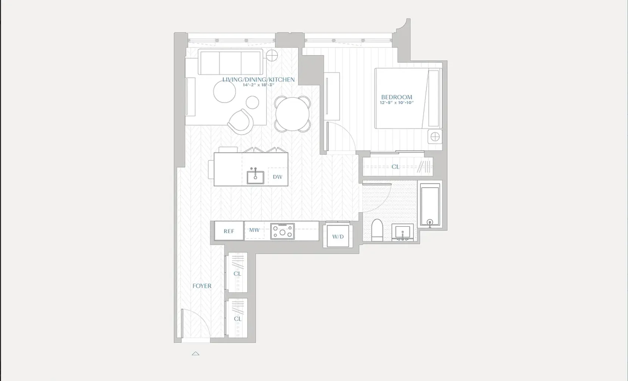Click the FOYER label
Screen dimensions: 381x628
pos(202,286)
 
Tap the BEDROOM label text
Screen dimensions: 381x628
pos(396,97)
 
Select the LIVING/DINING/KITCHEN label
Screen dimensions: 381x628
pos(258,79)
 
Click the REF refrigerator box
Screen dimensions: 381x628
pos(229,231)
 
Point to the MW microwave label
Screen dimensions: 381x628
pos(254,230)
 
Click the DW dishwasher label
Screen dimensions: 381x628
pos(277,177)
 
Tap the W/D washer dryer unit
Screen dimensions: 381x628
pos(338,237)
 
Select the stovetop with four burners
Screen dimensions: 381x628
pos(282,231)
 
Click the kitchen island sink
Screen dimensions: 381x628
pos(255,177)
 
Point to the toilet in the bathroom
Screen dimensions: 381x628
pos(377,230)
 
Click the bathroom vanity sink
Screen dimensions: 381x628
pos(402,232)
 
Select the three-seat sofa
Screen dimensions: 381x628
pos(230,62)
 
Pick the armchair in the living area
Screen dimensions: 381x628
pos(241,121)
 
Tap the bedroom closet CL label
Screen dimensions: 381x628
pos(395,166)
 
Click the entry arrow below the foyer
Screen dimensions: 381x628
pos(195,354)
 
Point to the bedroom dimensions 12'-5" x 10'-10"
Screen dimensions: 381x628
pos(396,103)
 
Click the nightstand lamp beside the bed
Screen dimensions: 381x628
pos(435,136)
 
